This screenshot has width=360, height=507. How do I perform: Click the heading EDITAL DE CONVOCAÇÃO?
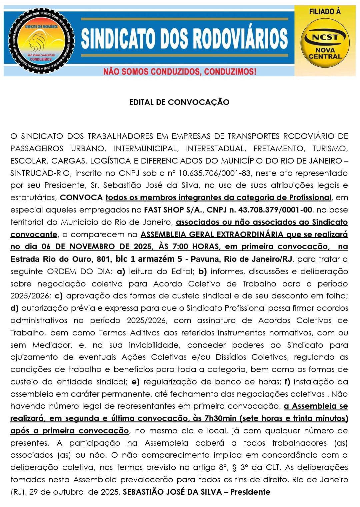(179, 102)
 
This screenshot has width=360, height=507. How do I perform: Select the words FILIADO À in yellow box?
(325, 12)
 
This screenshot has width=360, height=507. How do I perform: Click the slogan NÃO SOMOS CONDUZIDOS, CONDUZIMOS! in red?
(180, 72)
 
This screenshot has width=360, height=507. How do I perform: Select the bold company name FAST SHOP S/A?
(172, 210)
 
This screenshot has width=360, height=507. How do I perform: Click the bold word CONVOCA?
(81, 198)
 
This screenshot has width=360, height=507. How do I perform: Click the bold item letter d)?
(14, 308)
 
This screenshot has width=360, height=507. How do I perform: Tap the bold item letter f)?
(287, 382)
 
